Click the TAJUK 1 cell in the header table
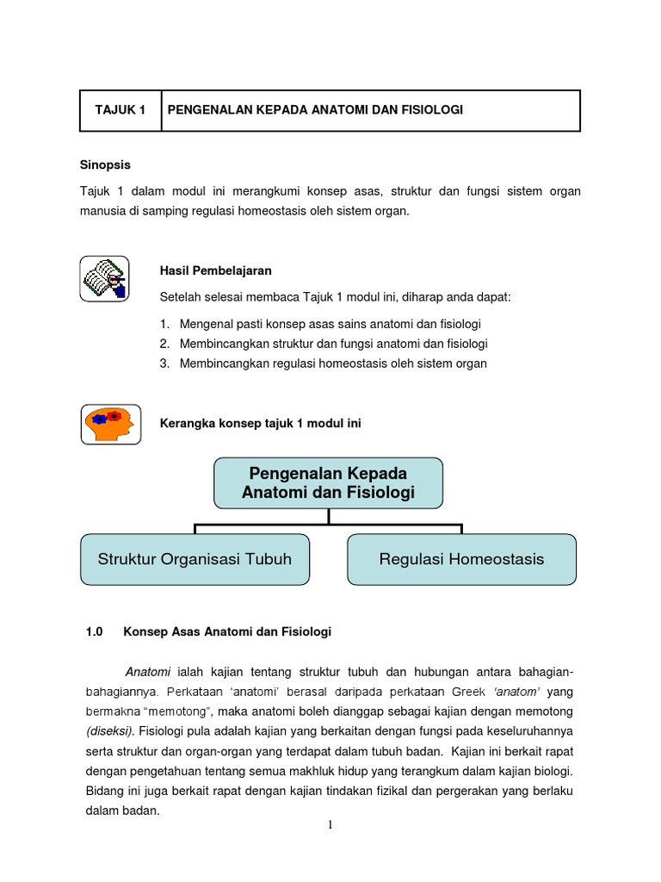[x=120, y=110]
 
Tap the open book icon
[x=104, y=279]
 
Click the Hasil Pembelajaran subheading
[x=216, y=270]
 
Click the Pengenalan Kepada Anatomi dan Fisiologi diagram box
[x=328, y=483]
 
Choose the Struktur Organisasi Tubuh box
[x=195, y=559]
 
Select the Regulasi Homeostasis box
[x=461, y=559]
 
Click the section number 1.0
[x=94, y=631]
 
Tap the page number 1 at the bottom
[x=330, y=825]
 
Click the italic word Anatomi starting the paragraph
[x=148, y=672]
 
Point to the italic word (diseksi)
[x=108, y=731]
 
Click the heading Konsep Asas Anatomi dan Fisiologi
[x=227, y=631]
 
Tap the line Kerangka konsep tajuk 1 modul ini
[x=262, y=423]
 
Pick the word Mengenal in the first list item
[x=206, y=324]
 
